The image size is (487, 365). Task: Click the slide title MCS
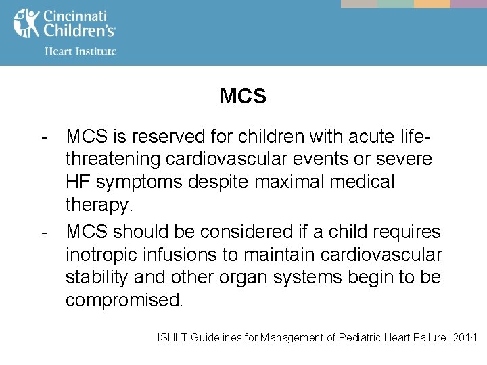pyautogui.click(x=243, y=97)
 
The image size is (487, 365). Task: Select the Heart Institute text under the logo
pyautogui.click(x=80, y=51)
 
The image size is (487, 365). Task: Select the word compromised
pyautogui.click(x=124, y=299)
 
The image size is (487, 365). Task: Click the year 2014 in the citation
pyautogui.click(x=464, y=337)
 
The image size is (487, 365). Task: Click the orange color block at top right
pyautogui.click(x=432, y=3)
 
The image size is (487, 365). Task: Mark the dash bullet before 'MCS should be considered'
pyautogui.click(x=44, y=233)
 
